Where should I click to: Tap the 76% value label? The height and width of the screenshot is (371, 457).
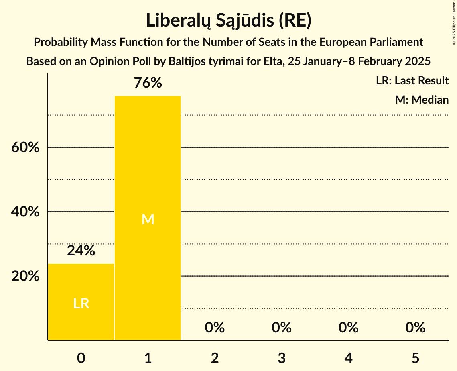tap(148, 83)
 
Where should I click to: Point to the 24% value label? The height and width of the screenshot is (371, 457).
tap(81, 251)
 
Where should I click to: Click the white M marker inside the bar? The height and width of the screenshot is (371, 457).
tap(148, 219)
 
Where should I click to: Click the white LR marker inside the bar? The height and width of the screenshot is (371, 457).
tap(81, 304)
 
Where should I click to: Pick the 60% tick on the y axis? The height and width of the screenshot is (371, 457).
tap(25, 147)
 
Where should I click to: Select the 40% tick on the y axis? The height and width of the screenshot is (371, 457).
tap(25, 212)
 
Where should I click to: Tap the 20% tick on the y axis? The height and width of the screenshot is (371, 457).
tap(25, 276)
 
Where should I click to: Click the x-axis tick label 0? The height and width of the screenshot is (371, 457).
tap(81, 358)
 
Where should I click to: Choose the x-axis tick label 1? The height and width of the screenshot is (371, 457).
tap(148, 358)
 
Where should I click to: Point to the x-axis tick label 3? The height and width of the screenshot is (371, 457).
tap(281, 358)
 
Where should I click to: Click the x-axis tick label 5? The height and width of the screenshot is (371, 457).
tap(415, 358)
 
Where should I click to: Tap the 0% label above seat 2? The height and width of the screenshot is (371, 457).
tap(215, 328)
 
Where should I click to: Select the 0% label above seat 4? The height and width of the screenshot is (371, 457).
tap(348, 328)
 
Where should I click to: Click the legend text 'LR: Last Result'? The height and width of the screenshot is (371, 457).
tap(412, 81)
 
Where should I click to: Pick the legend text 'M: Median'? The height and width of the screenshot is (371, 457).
tap(422, 100)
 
